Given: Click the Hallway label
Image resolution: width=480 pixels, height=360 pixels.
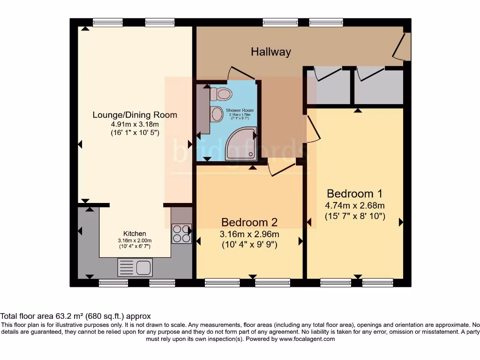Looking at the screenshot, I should click(x=271, y=52).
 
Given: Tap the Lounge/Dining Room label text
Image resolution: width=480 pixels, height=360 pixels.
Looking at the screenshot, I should click(x=135, y=115).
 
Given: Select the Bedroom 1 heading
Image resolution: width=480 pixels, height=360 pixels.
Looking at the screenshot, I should click(x=355, y=194).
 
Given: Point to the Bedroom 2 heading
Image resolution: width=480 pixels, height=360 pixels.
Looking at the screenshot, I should click(x=249, y=222).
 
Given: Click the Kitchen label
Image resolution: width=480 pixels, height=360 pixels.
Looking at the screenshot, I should click(x=135, y=233).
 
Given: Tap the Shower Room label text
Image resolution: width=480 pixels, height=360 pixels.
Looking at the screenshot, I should click(x=240, y=110).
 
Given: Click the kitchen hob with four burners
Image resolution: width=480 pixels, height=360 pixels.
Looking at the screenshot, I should click(x=181, y=234).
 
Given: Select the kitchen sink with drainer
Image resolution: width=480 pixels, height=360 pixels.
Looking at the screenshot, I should click(x=135, y=268).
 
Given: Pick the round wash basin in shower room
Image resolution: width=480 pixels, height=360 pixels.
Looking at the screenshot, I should click(x=217, y=114).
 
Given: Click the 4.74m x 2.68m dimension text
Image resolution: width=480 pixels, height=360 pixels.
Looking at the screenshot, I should click(x=355, y=205).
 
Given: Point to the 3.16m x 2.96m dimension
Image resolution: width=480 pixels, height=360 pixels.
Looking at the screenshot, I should click(x=249, y=234).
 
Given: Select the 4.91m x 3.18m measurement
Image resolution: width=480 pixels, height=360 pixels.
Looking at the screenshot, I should click(x=135, y=124).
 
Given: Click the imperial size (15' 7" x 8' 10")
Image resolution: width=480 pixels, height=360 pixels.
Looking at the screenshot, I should click(x=355, y=216).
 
